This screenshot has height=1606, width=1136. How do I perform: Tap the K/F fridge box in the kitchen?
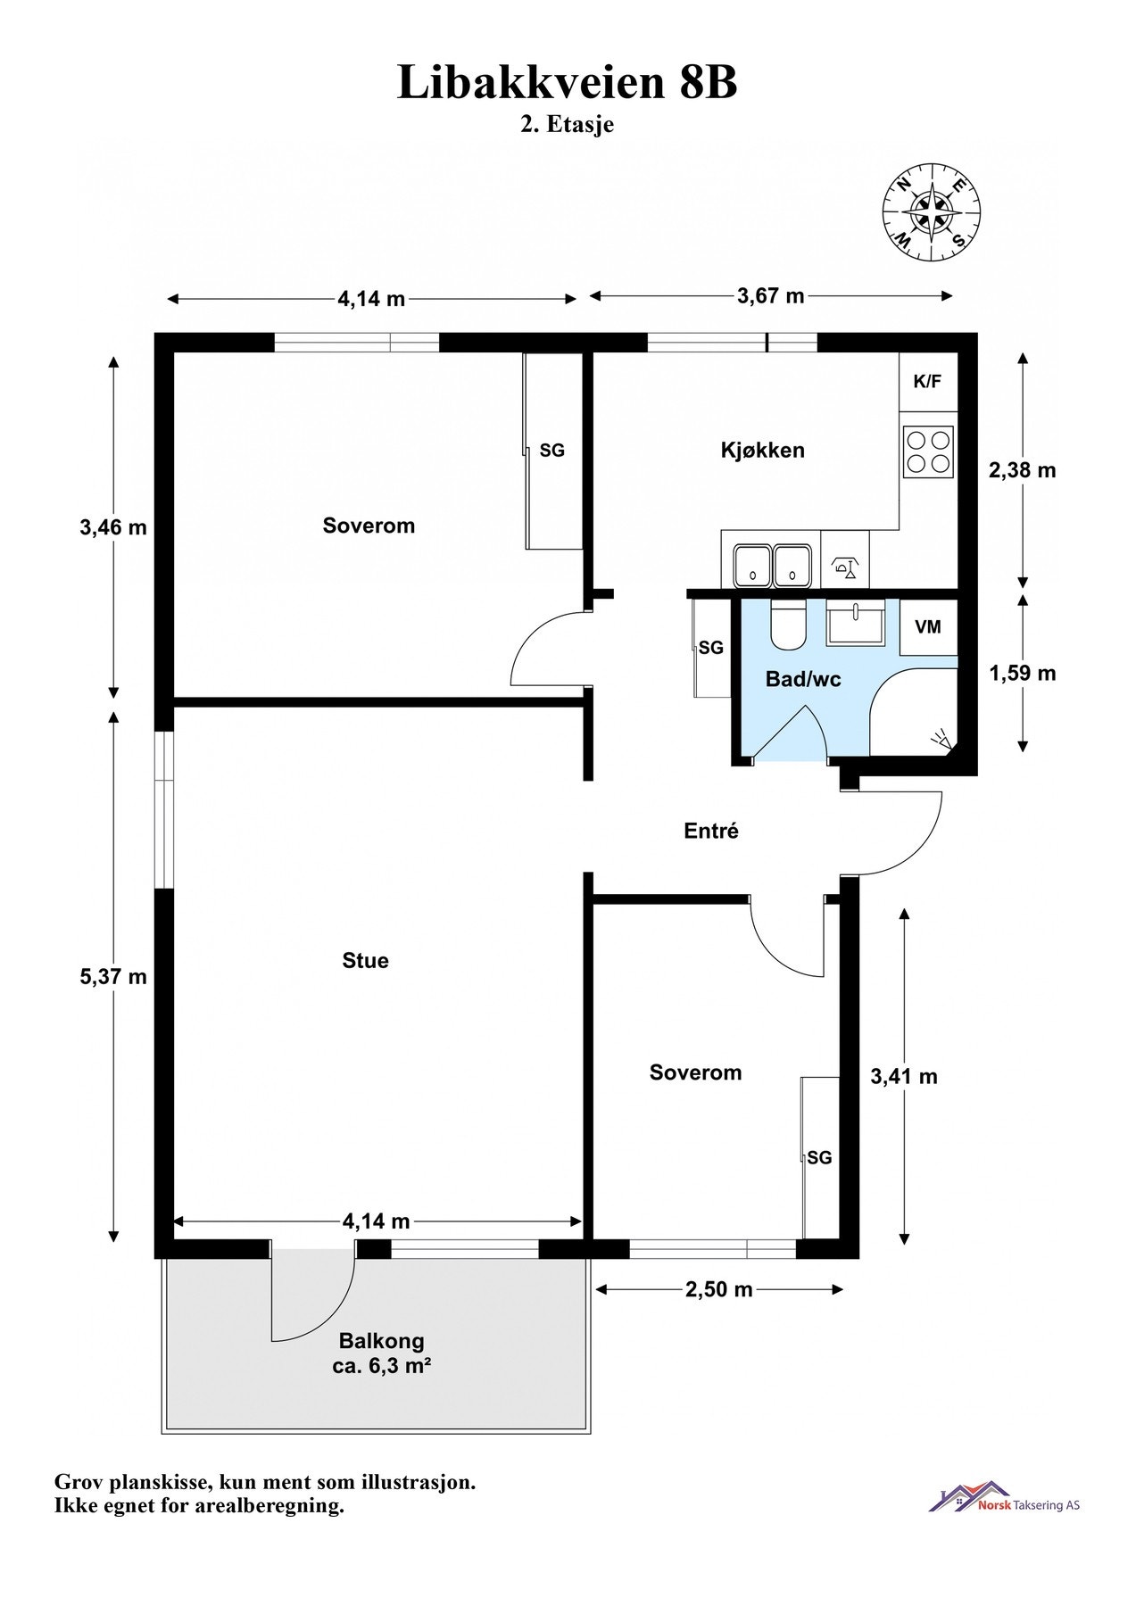pyautogui.click(x=927, y=382)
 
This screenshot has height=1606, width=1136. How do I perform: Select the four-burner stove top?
pyautogui.click(x=928, y=451)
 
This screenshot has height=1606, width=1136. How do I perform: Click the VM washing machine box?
pyautogui.click(x=928, y=627)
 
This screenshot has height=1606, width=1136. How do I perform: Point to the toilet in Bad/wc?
pyautogui.click(x=789, y=623)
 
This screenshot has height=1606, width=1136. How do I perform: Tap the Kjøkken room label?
pyautogui.click(x=763, y=451)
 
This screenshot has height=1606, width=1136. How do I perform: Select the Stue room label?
pyautogui.click(x=366, y=961)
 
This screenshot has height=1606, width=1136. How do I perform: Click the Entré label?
pyautogui.click(x=711, y=831)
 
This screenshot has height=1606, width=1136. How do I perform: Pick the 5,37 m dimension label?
pyautogui.click(x=113, y=977)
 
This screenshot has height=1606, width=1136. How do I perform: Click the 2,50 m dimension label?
pyautogui.click(x=718, y=1289)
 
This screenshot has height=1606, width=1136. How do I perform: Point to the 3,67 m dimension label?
pyautogui.click(x=771, y=296)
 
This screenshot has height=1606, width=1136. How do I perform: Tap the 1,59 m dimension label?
pyautogui.click(x=1023, y=673)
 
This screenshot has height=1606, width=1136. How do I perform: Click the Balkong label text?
pyautogui.click(x=381, y=1341)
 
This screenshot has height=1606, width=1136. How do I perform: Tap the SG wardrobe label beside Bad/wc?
pyautogui.click(x=711, y=648)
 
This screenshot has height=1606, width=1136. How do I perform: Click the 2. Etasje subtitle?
pyautogui.click(x=568, y=125)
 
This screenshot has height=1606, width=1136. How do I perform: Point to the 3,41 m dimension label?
pyautogui.click(x=904, y=1077)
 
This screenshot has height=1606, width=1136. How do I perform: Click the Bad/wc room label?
pyautogui.click(x=803, y=680)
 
